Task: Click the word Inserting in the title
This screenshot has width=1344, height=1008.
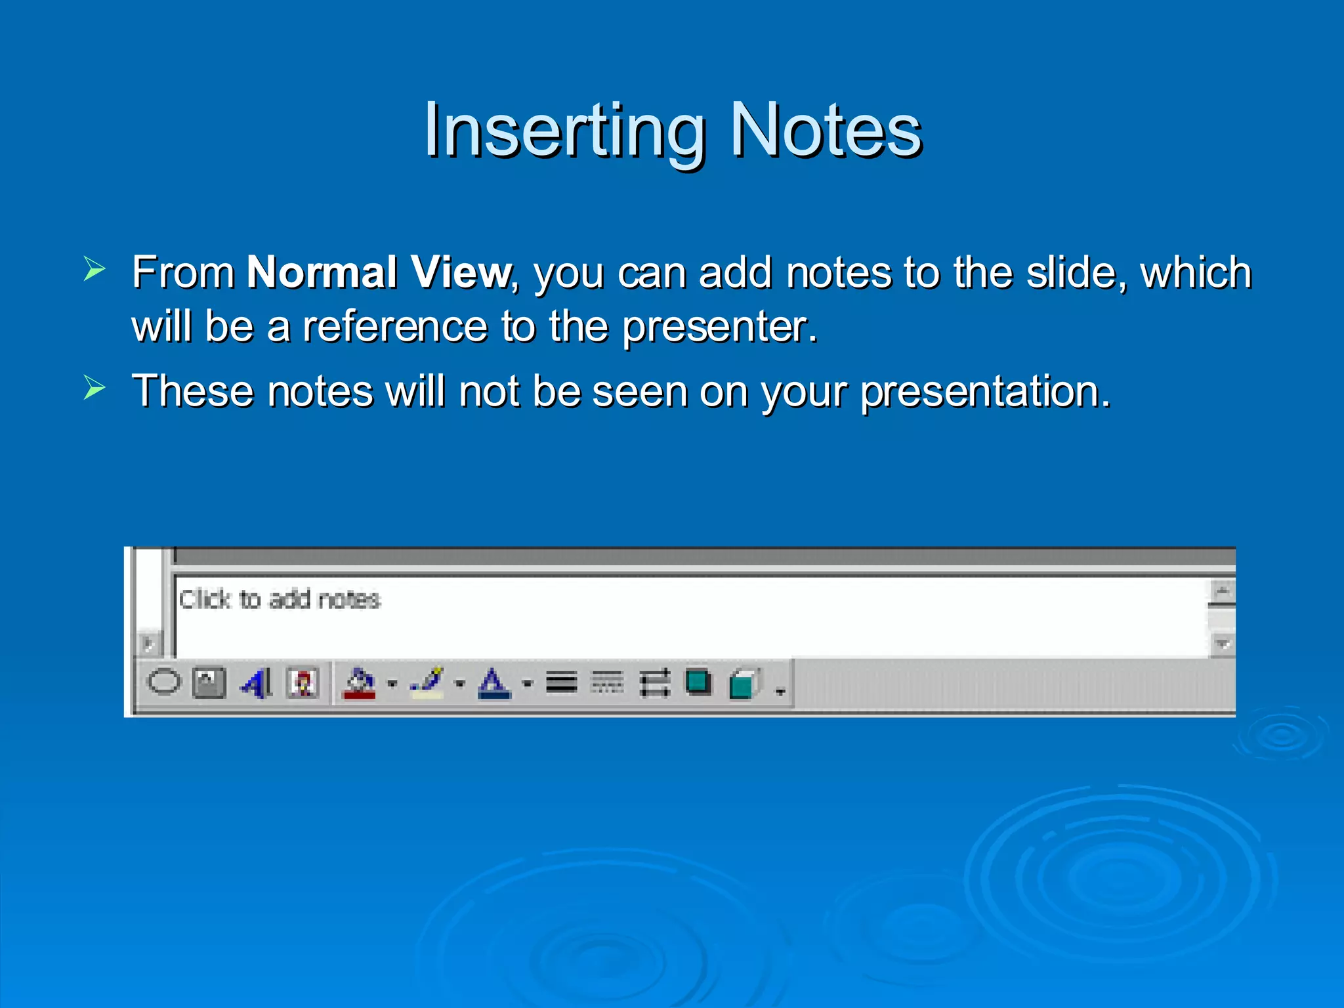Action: point(564,131)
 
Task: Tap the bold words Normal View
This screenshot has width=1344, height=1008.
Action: point(379,272)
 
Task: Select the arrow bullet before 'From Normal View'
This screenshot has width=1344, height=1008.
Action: point(94,269)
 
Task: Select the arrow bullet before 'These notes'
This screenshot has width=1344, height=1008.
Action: point(94,388)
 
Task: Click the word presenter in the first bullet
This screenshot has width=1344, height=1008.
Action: point(719,327)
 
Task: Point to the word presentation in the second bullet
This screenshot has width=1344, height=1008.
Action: point(984,392)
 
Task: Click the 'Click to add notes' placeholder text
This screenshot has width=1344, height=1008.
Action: point(280,600)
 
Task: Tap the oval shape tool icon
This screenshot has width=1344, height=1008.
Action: point(163,682)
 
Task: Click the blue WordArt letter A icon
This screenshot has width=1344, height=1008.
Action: point(256,683)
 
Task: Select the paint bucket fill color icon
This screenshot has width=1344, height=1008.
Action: point(359,683)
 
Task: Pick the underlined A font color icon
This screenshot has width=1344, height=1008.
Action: point(494,683)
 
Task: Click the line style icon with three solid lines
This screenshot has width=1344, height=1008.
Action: point(562,683)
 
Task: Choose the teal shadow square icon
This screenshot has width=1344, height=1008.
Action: point(698,682)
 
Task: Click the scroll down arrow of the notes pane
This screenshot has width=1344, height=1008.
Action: point(1222,644)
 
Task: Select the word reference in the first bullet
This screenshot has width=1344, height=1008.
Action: point(394,326)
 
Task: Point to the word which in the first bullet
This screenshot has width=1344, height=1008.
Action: point(1196,272)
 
